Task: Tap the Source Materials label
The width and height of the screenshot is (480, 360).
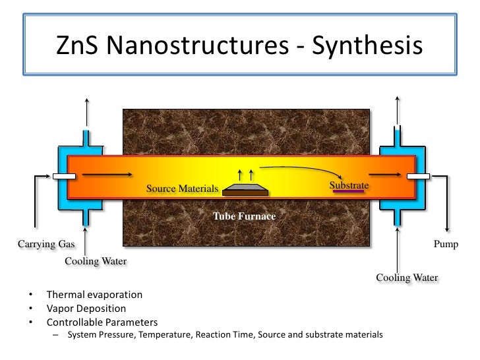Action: (182, 189)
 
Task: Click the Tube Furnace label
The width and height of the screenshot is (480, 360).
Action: (244, 216)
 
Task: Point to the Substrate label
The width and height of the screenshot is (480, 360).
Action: (349, 185)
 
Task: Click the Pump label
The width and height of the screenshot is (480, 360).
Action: (446, 244)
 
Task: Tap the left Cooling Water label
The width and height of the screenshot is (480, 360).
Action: (96, 261)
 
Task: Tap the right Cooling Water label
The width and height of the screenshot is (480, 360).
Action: (407, 278)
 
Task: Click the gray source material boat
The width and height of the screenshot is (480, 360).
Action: (245, 190)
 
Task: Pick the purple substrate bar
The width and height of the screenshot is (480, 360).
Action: (349, 193)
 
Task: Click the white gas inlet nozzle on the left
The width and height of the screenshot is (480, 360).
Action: (64, 176)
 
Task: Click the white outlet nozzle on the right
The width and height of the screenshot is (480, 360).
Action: (419, 176)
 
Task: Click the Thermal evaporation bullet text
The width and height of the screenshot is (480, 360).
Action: (94, 295)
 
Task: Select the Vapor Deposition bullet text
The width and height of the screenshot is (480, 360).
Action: (86, 309)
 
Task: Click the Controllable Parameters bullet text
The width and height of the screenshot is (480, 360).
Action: (102, 322)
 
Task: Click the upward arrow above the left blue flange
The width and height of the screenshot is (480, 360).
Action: (87, 112)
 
